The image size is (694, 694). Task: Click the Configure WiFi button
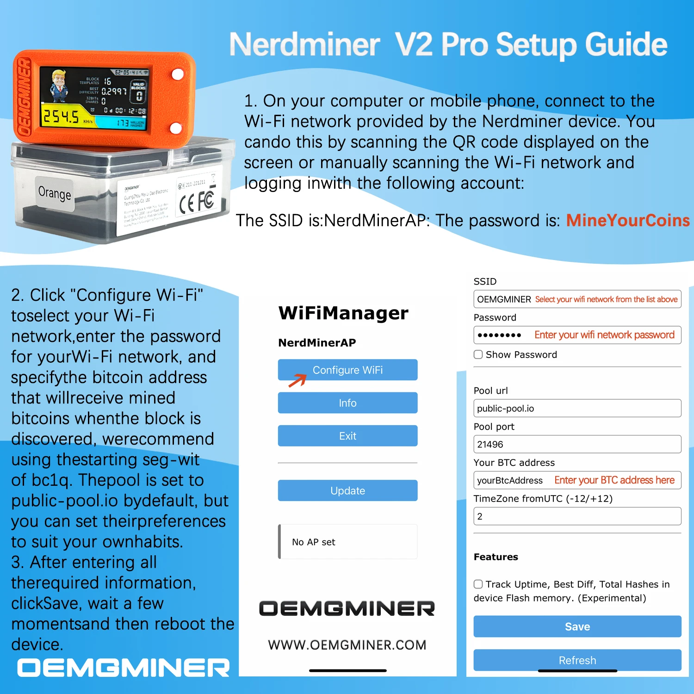[347, 370]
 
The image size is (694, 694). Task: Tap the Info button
[347, 403]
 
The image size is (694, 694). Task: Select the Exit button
[347, 436]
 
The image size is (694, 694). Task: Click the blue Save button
[577, 626]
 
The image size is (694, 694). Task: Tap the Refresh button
[577, 660]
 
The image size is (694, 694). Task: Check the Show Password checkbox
[478, 354]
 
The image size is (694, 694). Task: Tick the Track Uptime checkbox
[478, 584]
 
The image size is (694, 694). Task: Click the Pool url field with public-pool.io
[577, 408]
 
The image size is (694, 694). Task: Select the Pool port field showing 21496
[577, 444]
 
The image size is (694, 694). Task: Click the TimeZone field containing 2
[577, 516]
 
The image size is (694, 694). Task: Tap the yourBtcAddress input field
[577, 480]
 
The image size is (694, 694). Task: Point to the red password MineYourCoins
[628, 220]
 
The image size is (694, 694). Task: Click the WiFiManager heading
[343, 313]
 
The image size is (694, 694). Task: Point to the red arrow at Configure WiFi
[297, 380]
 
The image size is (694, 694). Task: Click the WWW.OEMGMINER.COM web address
[347, 645]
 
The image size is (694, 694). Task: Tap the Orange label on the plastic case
[55, 193]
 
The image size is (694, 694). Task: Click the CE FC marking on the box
[197, 202]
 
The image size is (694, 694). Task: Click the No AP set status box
[347, 542]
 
